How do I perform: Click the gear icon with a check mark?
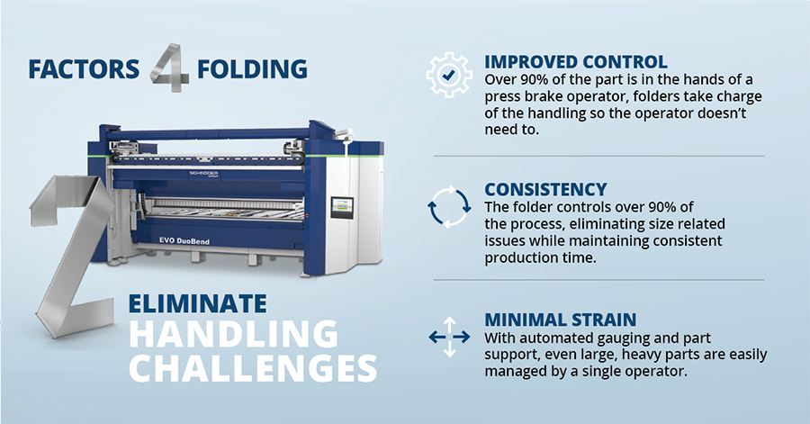[449, 75]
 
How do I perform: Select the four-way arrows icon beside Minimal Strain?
[449, 338]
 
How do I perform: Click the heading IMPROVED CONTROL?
[575, 62]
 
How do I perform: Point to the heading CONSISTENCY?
[545, 190]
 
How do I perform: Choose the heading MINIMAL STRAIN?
[560, 320]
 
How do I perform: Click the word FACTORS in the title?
[84, 69]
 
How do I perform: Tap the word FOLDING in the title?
[252, 69]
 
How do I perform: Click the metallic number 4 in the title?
[169, 68]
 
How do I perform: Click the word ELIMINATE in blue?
[197, 303]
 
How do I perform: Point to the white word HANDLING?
[233, 334]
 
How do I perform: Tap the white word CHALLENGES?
[253, 367]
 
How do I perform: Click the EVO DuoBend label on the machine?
[184, 240]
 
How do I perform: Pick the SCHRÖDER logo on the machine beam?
[203, 174]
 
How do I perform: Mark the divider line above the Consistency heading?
[598, 156]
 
